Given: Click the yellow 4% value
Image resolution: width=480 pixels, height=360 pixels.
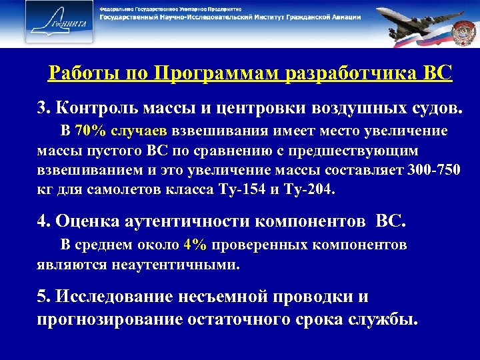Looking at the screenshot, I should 196,245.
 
